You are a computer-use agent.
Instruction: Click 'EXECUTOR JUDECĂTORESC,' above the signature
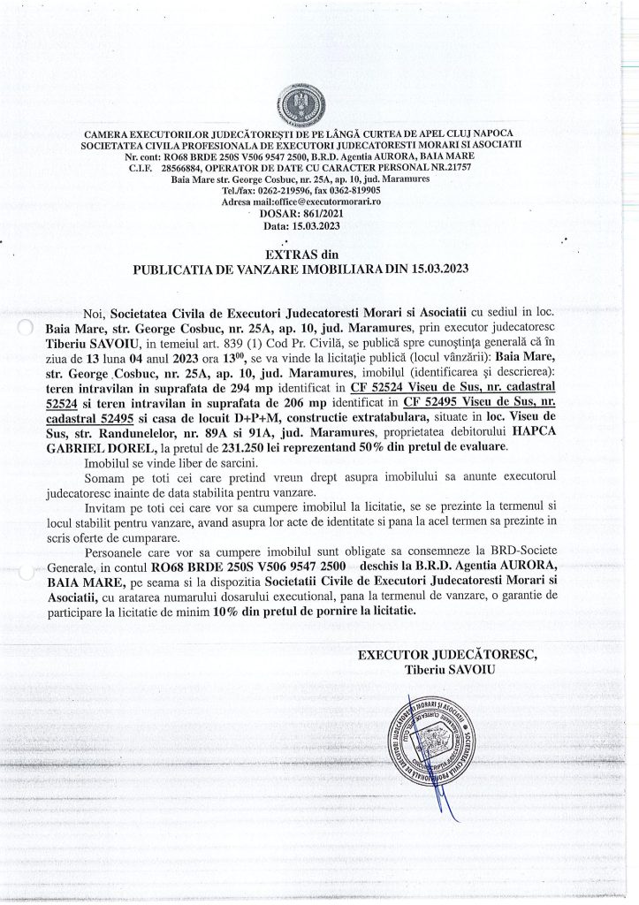click(446, 655)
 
